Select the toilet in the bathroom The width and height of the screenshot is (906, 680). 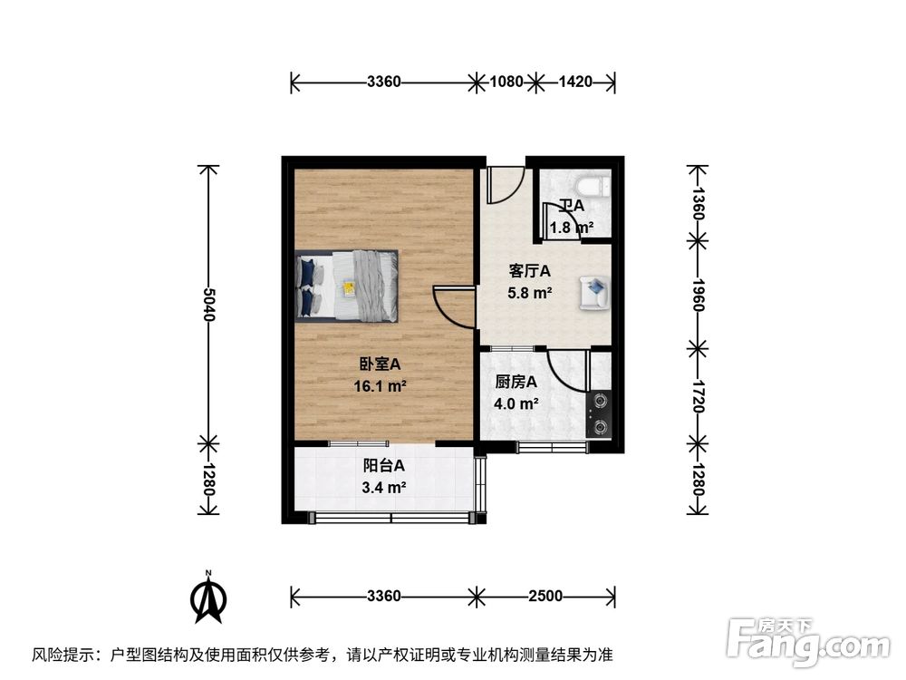(593, 188)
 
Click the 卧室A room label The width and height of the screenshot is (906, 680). (380, 364)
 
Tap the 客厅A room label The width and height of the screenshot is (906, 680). (530, 271)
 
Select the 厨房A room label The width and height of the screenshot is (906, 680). (516, 383)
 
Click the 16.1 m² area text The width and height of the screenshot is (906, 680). (380, 385)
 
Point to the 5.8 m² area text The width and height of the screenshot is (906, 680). (530, 292)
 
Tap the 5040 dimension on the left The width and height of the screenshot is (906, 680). (209, 306)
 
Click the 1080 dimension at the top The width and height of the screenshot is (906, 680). (506, 82)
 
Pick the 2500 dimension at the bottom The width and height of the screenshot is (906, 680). (545, 596)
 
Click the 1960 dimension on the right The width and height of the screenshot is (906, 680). (697, 292)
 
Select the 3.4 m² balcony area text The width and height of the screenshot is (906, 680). (383, 488)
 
